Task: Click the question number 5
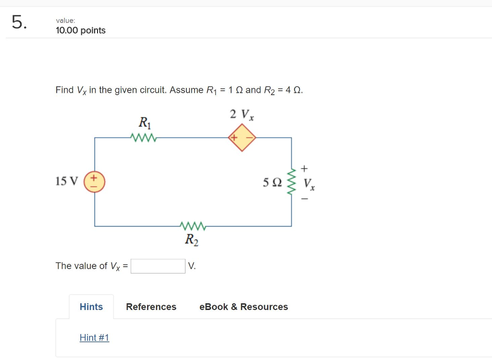tap(20, 23)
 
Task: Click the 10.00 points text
tap(81, 31)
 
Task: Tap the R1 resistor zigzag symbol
tap(143, 138)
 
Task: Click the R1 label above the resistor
tap(145, 123)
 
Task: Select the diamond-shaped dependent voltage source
tap(242, 138)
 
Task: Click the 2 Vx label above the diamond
tap(242, 114)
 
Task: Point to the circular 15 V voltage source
tap(95, 182)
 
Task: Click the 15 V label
tap(66, 182)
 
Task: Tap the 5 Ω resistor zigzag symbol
tap(291, 182)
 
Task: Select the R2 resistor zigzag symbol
tap(192, 225)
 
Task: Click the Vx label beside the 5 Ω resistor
tap(309, 185)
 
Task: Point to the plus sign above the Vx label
tap(304, 168)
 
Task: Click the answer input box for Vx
tap(158, 266)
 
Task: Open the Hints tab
tap(91, 307)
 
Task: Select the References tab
tap(151, 307)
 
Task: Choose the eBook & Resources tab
tap(244, 307)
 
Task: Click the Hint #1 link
tap(95, 338)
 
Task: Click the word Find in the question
tap(64, 90)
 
